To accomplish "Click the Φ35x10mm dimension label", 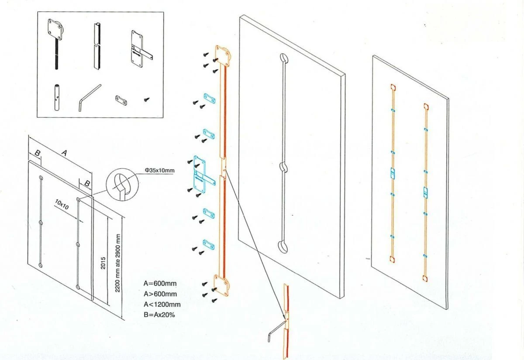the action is (160, 171).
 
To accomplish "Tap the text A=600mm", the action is (160, 284).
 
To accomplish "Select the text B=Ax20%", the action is (159, 315).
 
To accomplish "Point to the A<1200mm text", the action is (162, 305).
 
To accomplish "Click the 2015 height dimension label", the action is (103, 263).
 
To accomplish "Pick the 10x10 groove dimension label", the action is (62, 204).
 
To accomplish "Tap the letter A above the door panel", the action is (64, 153).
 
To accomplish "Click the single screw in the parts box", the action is (147, 99).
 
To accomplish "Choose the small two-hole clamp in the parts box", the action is (121, 100).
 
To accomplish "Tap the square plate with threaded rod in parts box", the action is (55, 44).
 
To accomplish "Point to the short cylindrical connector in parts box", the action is (57, 97).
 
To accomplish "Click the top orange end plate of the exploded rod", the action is (223, 55).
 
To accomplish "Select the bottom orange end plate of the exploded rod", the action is (221, 286).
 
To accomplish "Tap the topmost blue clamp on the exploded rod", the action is (209, 99).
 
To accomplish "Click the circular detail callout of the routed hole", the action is (122, 184).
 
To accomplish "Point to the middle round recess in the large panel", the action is (283, 167).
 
